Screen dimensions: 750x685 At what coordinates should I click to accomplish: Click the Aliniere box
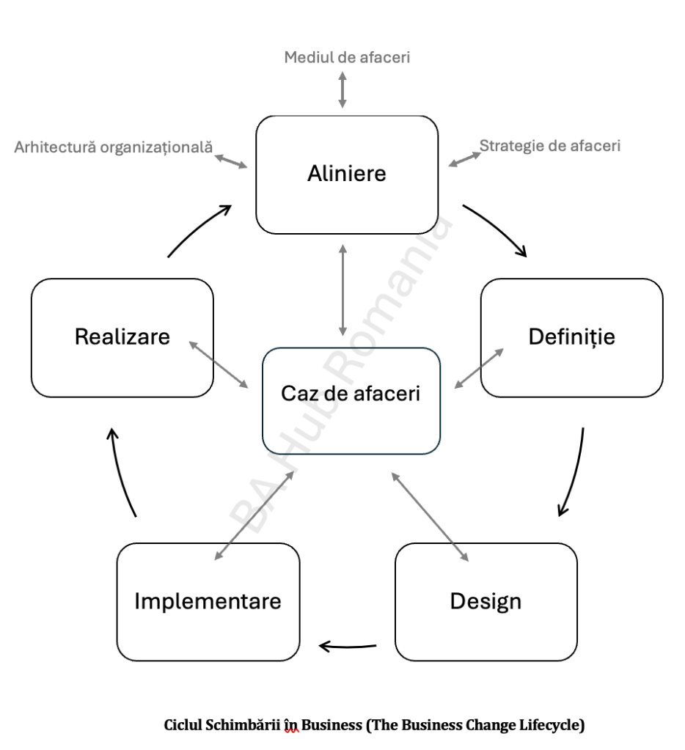346,174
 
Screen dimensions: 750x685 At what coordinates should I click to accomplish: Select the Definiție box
571,337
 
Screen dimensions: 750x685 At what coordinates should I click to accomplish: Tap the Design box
486,601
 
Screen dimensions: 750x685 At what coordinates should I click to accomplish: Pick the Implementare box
208,601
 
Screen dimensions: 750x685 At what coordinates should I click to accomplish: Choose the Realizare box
122,337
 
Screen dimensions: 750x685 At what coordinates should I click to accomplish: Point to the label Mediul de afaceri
347,57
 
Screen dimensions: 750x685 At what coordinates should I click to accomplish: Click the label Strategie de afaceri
550,145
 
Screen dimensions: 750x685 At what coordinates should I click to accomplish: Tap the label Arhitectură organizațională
114,147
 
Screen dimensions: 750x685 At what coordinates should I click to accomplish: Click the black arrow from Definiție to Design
574,473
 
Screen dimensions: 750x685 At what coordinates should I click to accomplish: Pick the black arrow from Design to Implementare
348,646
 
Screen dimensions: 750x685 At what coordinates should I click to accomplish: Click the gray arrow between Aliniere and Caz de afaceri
342,290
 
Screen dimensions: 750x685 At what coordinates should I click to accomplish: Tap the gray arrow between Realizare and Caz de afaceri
219,364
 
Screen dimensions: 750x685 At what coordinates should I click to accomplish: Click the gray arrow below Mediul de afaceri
342,90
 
